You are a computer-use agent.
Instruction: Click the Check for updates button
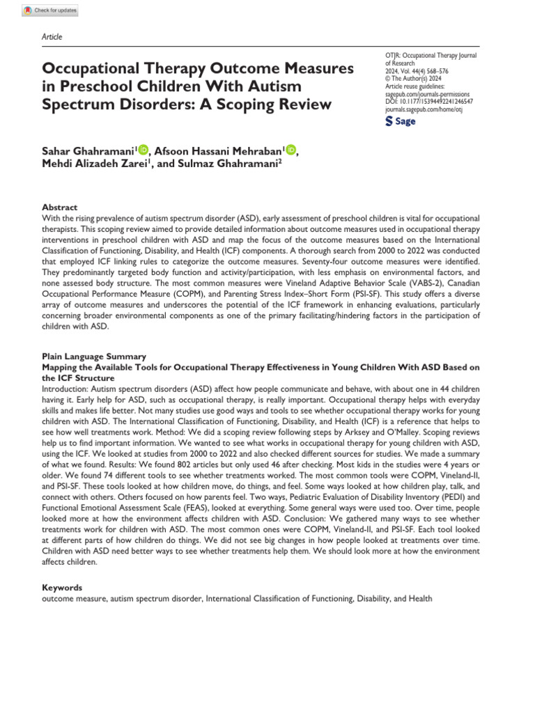[51, 11]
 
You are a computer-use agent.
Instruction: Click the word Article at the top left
[53, 36]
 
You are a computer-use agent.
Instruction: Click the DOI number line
[428, 101]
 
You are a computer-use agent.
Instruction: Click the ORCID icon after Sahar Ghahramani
[144, 149]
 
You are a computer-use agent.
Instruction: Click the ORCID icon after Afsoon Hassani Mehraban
[290, 149]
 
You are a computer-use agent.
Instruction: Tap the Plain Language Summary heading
[94, 356]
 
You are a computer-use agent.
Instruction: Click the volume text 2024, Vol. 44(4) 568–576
[420, 70]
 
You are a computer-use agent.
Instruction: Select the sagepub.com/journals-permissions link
[427, 93]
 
